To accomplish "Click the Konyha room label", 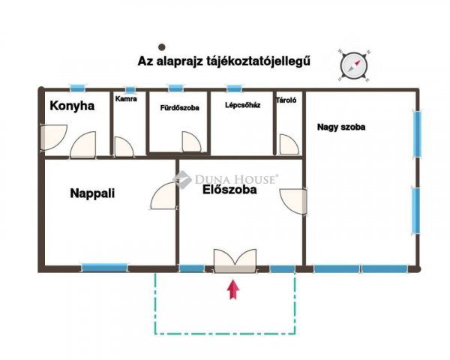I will pyautogui.click(x=72, y=106).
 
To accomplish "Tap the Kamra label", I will pyautogui.click(x=126, y=98).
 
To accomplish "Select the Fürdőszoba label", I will pyautogui.click(x=180, y=108).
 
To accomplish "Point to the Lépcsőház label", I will pyautogui.click(x=243, y=105).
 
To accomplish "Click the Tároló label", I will pyautogui.click(x=286, y=100).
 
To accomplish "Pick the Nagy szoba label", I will pyautogui.click(x=341, y=127).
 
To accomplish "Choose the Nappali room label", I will pyautogui.click(x=92, y=193).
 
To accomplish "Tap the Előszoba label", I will pyautogui.click(x=229, y=190).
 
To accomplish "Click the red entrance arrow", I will pyautogui.click(x=235, y=289).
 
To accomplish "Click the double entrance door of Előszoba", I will pyautogui.click(x=235, y=261).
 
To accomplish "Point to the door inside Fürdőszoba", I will pyautogui.click(x=190, y=142).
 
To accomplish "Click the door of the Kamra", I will pyautogui.click(x=124, y=146).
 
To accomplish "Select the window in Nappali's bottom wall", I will pyautogui.click(x=104, y=267).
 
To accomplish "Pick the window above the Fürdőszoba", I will pyautogui.click(x=175, y=88).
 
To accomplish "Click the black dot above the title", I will pyautogui.click(x=162, y=46).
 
